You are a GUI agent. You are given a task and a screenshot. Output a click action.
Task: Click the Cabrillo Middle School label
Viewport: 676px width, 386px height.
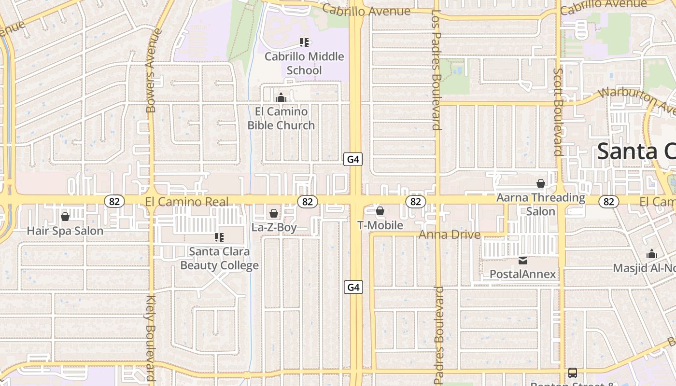point(304,63)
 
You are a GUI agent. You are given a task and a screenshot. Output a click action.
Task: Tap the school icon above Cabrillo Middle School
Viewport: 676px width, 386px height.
point(304,42)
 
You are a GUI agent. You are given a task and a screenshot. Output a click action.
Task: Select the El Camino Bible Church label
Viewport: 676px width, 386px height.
point(281,118)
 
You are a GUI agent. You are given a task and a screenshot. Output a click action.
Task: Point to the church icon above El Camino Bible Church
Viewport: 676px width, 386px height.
point(281,98)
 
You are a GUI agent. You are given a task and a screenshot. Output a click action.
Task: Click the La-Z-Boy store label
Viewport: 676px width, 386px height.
point(274,227)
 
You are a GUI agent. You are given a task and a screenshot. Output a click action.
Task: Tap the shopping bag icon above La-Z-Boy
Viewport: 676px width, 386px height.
point(274,213)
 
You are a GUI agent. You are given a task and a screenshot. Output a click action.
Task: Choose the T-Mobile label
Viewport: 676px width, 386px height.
point(380,225)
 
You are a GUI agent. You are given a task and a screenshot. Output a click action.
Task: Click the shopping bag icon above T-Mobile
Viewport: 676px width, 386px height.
point(380,211)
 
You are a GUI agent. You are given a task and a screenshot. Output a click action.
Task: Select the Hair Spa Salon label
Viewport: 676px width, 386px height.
point(65,231)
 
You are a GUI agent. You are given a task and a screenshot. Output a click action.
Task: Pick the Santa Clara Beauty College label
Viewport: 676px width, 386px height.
point(219,258)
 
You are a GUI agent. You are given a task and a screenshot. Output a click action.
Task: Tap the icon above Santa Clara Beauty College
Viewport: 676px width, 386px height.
point(219,237)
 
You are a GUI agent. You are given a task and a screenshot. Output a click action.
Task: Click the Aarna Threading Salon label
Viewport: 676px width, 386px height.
point(541,204)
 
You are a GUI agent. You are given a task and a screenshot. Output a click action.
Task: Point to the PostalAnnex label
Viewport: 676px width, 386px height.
point(523,274)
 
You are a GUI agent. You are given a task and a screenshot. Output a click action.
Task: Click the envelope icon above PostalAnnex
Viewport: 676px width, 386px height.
point(523,261)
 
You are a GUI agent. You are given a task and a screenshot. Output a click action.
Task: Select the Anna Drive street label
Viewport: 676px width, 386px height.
point(450,235)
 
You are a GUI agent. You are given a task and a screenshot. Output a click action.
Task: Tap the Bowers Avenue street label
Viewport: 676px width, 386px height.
point(151,71)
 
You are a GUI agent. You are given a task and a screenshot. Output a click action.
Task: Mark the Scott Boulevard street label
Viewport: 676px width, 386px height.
point(558,111)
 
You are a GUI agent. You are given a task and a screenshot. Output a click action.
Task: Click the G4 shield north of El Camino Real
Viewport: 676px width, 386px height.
point(353,159)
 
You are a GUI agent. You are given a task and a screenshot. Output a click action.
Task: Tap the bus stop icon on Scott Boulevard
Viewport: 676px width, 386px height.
point(572,372)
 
